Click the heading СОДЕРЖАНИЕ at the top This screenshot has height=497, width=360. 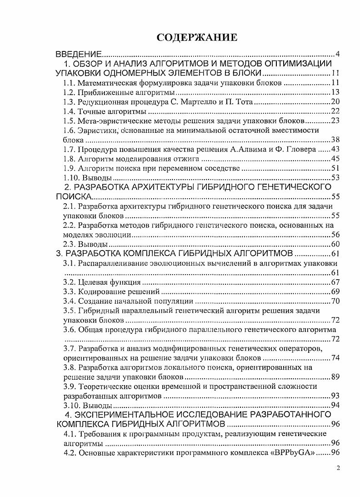coord(197,37)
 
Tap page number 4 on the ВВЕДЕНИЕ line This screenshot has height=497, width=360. coord(338,55)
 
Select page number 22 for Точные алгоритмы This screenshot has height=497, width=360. coord(335,111)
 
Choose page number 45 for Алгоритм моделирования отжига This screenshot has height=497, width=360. coord(335,159)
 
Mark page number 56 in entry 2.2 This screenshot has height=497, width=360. coord(335,235)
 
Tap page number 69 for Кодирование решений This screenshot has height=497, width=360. coord(335,291)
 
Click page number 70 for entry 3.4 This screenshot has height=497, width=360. coord(335,301)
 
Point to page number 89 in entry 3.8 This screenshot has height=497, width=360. coord(335,377)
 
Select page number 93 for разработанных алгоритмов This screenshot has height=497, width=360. coord(335,396)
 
